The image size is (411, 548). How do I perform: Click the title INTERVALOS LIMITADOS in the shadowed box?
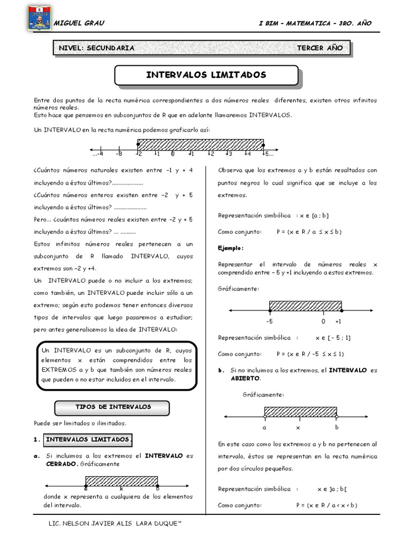[206, 75]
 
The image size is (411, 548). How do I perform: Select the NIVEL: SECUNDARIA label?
[97, 48]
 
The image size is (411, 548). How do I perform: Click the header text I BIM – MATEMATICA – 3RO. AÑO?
[314, 23]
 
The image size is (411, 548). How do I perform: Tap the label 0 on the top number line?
[172, 154]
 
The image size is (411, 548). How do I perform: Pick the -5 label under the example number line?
[269, 322]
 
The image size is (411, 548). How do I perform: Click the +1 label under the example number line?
[338, 322]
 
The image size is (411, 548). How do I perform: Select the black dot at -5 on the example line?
[270, 310]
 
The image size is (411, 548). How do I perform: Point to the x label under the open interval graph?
[298, 428]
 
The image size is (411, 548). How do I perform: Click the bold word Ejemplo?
[231, 248]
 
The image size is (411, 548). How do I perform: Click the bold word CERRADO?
[62, 464]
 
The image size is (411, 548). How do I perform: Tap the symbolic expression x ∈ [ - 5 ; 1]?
[333, 338]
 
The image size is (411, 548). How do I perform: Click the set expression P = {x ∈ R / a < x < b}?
[326, 505]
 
